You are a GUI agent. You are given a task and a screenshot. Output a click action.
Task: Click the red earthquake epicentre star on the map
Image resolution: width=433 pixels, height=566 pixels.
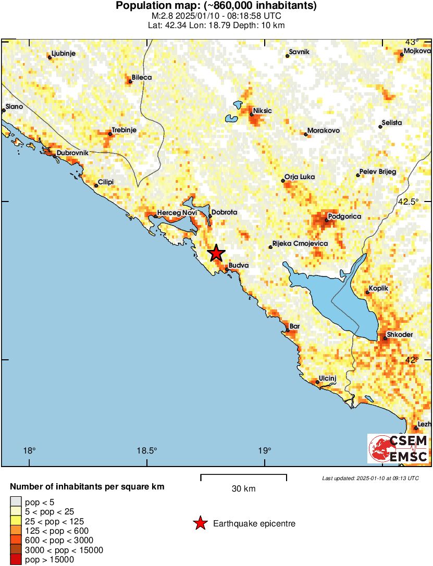coord(216,254)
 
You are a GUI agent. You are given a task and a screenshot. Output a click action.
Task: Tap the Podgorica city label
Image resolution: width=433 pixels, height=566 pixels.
coord(344,216)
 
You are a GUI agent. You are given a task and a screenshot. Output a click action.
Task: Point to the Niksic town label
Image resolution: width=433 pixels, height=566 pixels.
coord(263,111)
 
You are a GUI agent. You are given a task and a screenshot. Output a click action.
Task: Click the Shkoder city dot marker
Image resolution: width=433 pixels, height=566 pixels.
coord(385,338)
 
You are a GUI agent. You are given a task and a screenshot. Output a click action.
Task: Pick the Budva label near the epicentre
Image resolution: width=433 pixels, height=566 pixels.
coord(238,266)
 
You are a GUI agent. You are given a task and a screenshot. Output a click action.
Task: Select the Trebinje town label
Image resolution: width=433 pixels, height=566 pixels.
coord(124,130)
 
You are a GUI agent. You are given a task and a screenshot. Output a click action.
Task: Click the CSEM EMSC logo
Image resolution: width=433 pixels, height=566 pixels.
coord(398,449)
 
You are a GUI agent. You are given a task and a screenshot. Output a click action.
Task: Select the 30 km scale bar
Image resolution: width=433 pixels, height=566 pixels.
coord(243,477)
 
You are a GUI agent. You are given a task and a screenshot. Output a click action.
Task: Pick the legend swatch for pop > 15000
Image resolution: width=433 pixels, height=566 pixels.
coord(16,560)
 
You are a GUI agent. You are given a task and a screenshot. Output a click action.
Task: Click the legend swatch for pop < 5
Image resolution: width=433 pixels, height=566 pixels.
coord(16,502)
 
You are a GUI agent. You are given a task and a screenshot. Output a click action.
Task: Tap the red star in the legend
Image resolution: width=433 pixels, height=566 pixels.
coord(200,523)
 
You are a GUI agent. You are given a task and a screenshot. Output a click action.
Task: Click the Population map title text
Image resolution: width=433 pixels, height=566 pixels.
coord(216,6)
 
